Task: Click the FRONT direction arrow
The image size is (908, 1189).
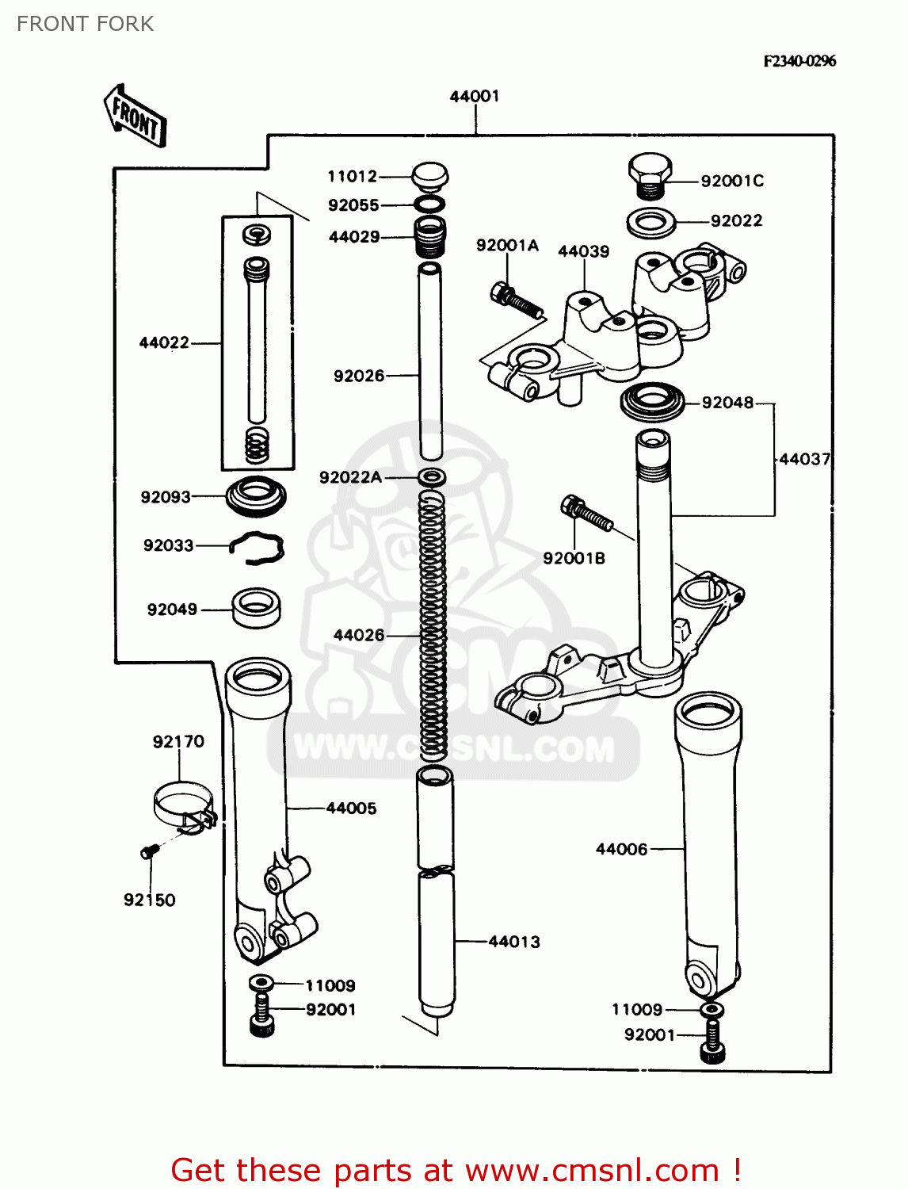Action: (135, 117)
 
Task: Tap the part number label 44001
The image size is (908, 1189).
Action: (475, 96)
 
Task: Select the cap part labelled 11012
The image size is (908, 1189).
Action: (430, 176)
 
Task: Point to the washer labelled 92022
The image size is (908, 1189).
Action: (650, 223)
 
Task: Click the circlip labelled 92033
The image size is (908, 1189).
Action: (257, 548)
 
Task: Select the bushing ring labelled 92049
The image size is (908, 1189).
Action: (256, 607)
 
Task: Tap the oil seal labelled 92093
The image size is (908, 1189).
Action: (256, 496)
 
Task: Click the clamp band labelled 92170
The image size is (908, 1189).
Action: (184, 804)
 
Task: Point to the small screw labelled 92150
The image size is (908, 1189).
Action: (149, 851)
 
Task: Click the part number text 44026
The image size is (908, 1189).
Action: (359, 635)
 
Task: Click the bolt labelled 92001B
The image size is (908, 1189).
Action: (586, 513)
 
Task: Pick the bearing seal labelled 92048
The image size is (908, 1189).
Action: (652, 402)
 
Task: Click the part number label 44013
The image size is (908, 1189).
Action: (514, 942)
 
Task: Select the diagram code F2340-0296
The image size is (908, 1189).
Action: (799, 61)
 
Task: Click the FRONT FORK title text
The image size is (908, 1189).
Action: (85, 24)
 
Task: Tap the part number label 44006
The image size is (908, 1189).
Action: (621, 849)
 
